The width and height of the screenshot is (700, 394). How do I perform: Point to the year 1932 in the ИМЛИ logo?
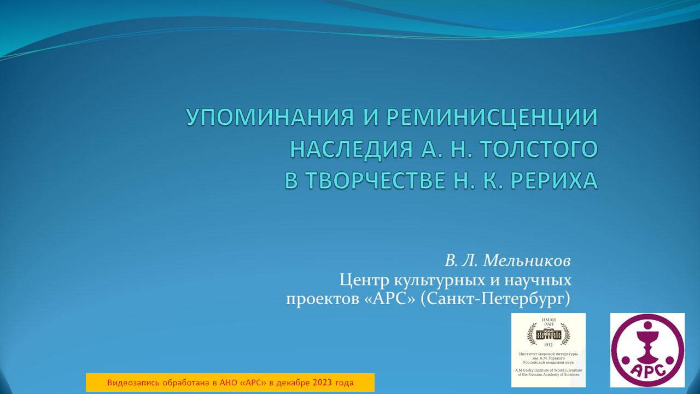548,345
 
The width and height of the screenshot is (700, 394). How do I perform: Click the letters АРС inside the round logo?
647,370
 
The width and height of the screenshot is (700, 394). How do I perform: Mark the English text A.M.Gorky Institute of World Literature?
548,370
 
